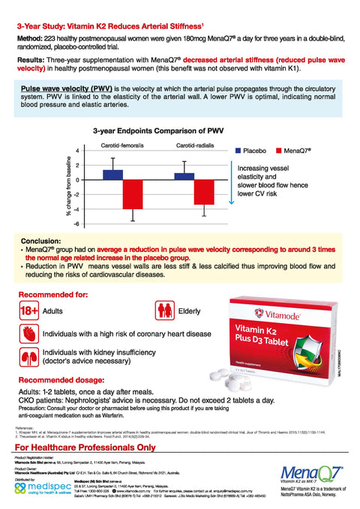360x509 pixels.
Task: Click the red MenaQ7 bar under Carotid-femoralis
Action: [x=133, y=194]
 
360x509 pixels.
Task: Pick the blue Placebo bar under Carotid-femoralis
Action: [x=113, y=175]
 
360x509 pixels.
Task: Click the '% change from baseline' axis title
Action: [x=68, y=187]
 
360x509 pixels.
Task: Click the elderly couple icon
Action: [x=184, y=310]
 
